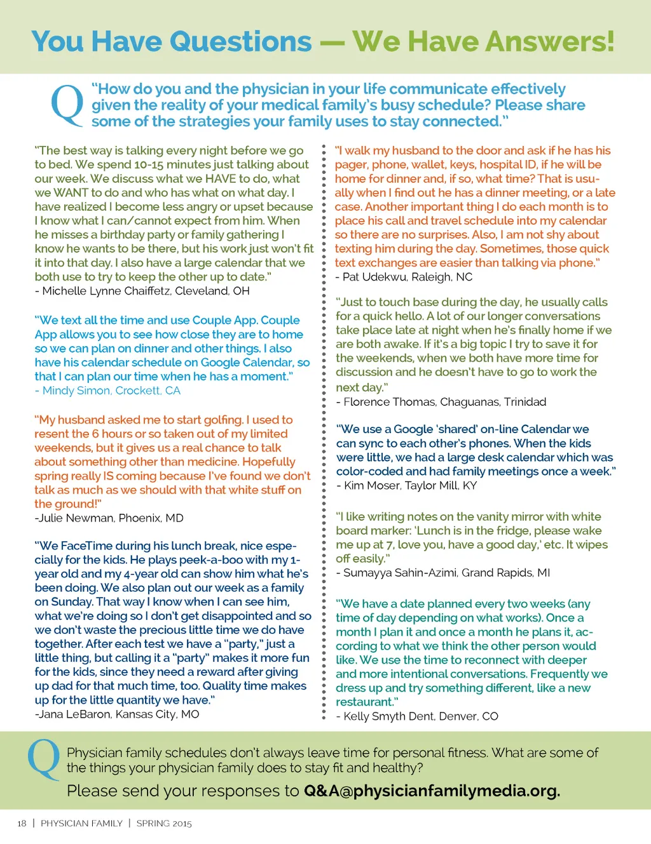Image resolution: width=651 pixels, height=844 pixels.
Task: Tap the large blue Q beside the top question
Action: click(x=67, y=105)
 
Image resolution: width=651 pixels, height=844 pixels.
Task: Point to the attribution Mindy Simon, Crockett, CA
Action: click(x=108, y=391)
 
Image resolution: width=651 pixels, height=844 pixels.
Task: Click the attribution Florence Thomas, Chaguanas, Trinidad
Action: click(x=442, y=402)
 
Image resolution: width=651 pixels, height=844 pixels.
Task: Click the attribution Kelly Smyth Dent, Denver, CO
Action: click(x=418, y=716)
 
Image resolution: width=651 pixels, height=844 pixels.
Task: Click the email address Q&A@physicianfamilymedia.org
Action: click(x=432, y=791)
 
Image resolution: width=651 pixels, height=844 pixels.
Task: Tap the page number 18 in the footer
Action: click(x=22, y=824)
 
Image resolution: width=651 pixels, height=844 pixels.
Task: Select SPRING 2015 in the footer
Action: click(x=164, y=824)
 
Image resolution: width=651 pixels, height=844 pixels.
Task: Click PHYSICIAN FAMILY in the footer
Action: click(x=81, y=824)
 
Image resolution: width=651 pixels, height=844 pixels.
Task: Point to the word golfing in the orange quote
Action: click(x=220, y=420)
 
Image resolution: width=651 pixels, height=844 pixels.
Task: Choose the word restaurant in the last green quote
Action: click(x=364, y=702)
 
